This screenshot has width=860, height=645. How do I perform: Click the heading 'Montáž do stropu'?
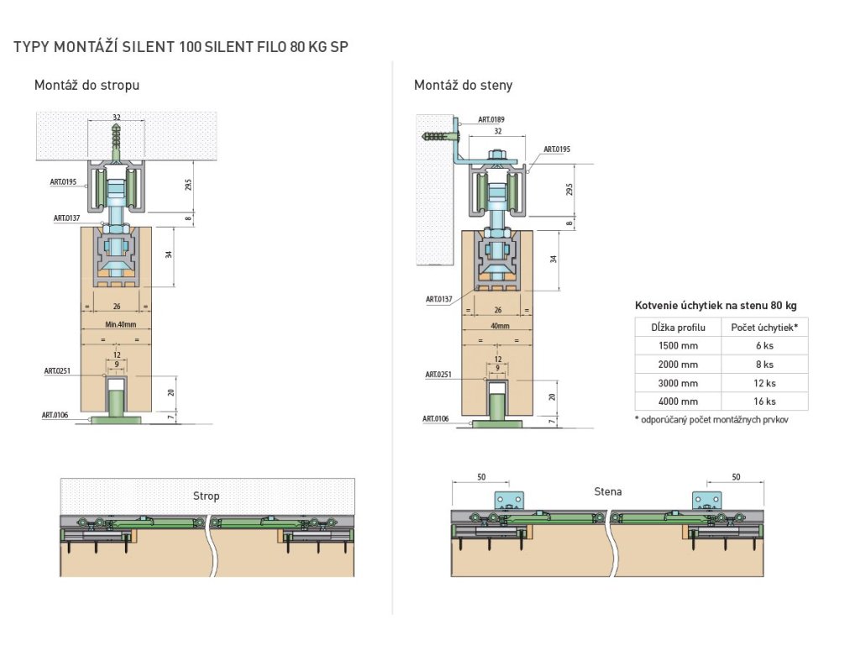click(87, 85)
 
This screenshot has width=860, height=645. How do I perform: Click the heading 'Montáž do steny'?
click(463, 85)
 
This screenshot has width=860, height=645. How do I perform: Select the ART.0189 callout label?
click(491, 120)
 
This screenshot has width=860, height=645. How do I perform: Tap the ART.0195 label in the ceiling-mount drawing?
click(63, 181)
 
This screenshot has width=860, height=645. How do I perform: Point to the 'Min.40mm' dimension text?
click(116, 324)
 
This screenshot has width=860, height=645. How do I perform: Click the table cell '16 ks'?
click(763, 401)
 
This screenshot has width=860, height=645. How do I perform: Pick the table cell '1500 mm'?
click(677, 345)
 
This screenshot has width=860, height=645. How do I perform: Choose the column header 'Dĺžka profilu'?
click(677, 327)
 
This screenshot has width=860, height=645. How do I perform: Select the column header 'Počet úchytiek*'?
click(763, 327)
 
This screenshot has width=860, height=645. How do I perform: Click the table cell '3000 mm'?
click(677, 383)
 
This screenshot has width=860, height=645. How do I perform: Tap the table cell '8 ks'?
click(763, 364)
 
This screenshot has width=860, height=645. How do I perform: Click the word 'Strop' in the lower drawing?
click(206, 496)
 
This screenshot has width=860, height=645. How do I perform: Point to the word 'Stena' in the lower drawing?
click(607, 491)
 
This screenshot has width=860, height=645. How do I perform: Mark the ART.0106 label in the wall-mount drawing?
click(436, 417)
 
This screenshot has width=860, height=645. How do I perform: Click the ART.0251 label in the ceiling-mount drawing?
click(58, 370)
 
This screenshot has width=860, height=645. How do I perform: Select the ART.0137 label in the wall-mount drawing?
click(439, 298)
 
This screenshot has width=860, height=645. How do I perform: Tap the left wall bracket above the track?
click(508, 500)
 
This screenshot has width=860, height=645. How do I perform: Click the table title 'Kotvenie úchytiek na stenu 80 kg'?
click(716, 305)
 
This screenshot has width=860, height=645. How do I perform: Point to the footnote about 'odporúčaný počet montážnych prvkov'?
click(711, 419)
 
